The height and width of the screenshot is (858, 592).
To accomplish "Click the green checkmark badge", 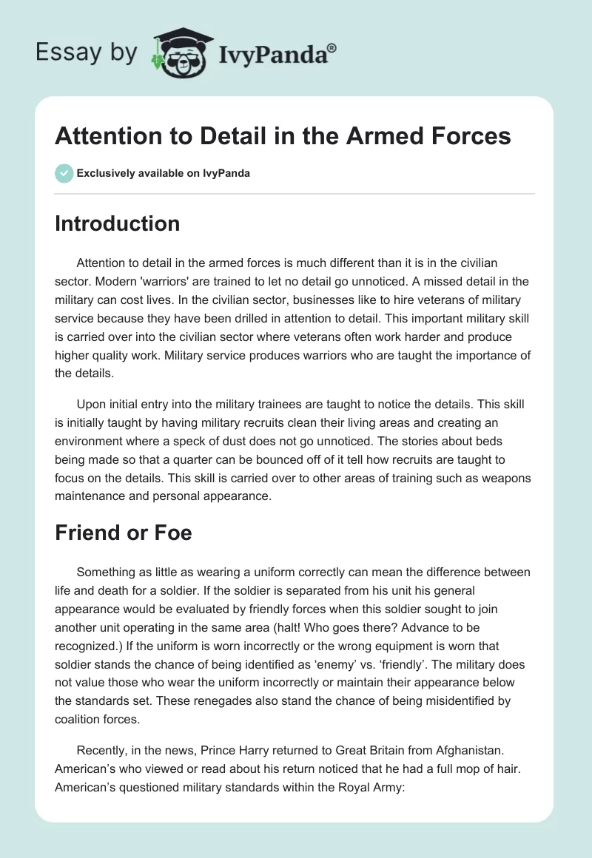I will [x=64, y=174].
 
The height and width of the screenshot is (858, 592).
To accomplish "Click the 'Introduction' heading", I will [x=118, y=224].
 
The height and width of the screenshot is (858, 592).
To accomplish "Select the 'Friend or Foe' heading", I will [x=124, y=533].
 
